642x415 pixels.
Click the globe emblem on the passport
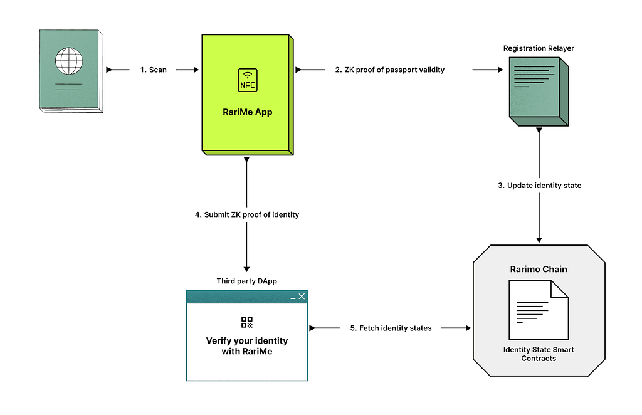(69, 61)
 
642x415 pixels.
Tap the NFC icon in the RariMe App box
(248, 80)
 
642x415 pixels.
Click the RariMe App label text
(247, 112)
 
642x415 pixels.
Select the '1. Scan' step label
(154, 70)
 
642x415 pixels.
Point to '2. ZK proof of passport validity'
(390, 70)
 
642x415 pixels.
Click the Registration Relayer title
(539, 48)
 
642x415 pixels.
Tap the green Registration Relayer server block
(539, 92)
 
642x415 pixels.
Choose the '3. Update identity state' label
(539, 186)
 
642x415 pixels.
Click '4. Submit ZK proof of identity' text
(247, 214)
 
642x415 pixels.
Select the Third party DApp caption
(247, 281)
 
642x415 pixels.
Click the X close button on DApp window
(302, 297)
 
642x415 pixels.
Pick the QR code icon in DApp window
(247, 322)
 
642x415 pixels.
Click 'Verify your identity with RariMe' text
(247, 346)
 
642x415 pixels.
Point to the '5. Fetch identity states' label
(391, 328)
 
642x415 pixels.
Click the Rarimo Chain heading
(539, 270)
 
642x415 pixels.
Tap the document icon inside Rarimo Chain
(539, 310)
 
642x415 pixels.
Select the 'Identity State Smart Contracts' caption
(539, 354)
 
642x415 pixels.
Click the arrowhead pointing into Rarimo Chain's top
(539, 240)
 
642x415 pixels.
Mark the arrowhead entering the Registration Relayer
(500, 70)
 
